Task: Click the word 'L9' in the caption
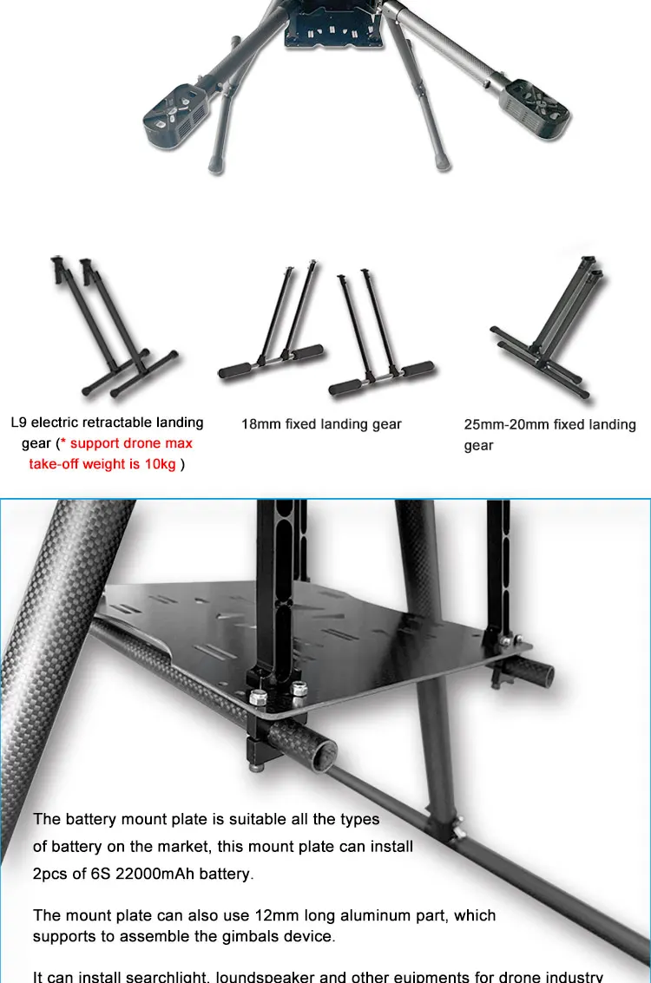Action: pyautogui.click(x=20, y=423)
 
